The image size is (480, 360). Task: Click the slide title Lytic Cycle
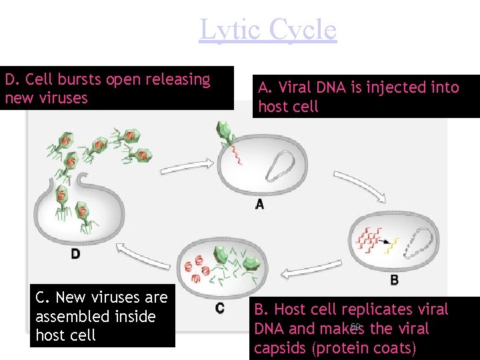pyautogui.click(x=268, y=30)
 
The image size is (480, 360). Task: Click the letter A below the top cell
pyautogui.click(x=259, y=204)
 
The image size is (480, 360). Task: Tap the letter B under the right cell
pyautogui.click(x=395, y=280)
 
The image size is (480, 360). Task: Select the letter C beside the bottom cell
pyautogui.click(x=220, y=308)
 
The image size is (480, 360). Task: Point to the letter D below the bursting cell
pyautogui.click(x=76, y=253)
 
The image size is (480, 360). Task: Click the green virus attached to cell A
pyautogui.click(x=224, y=136)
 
